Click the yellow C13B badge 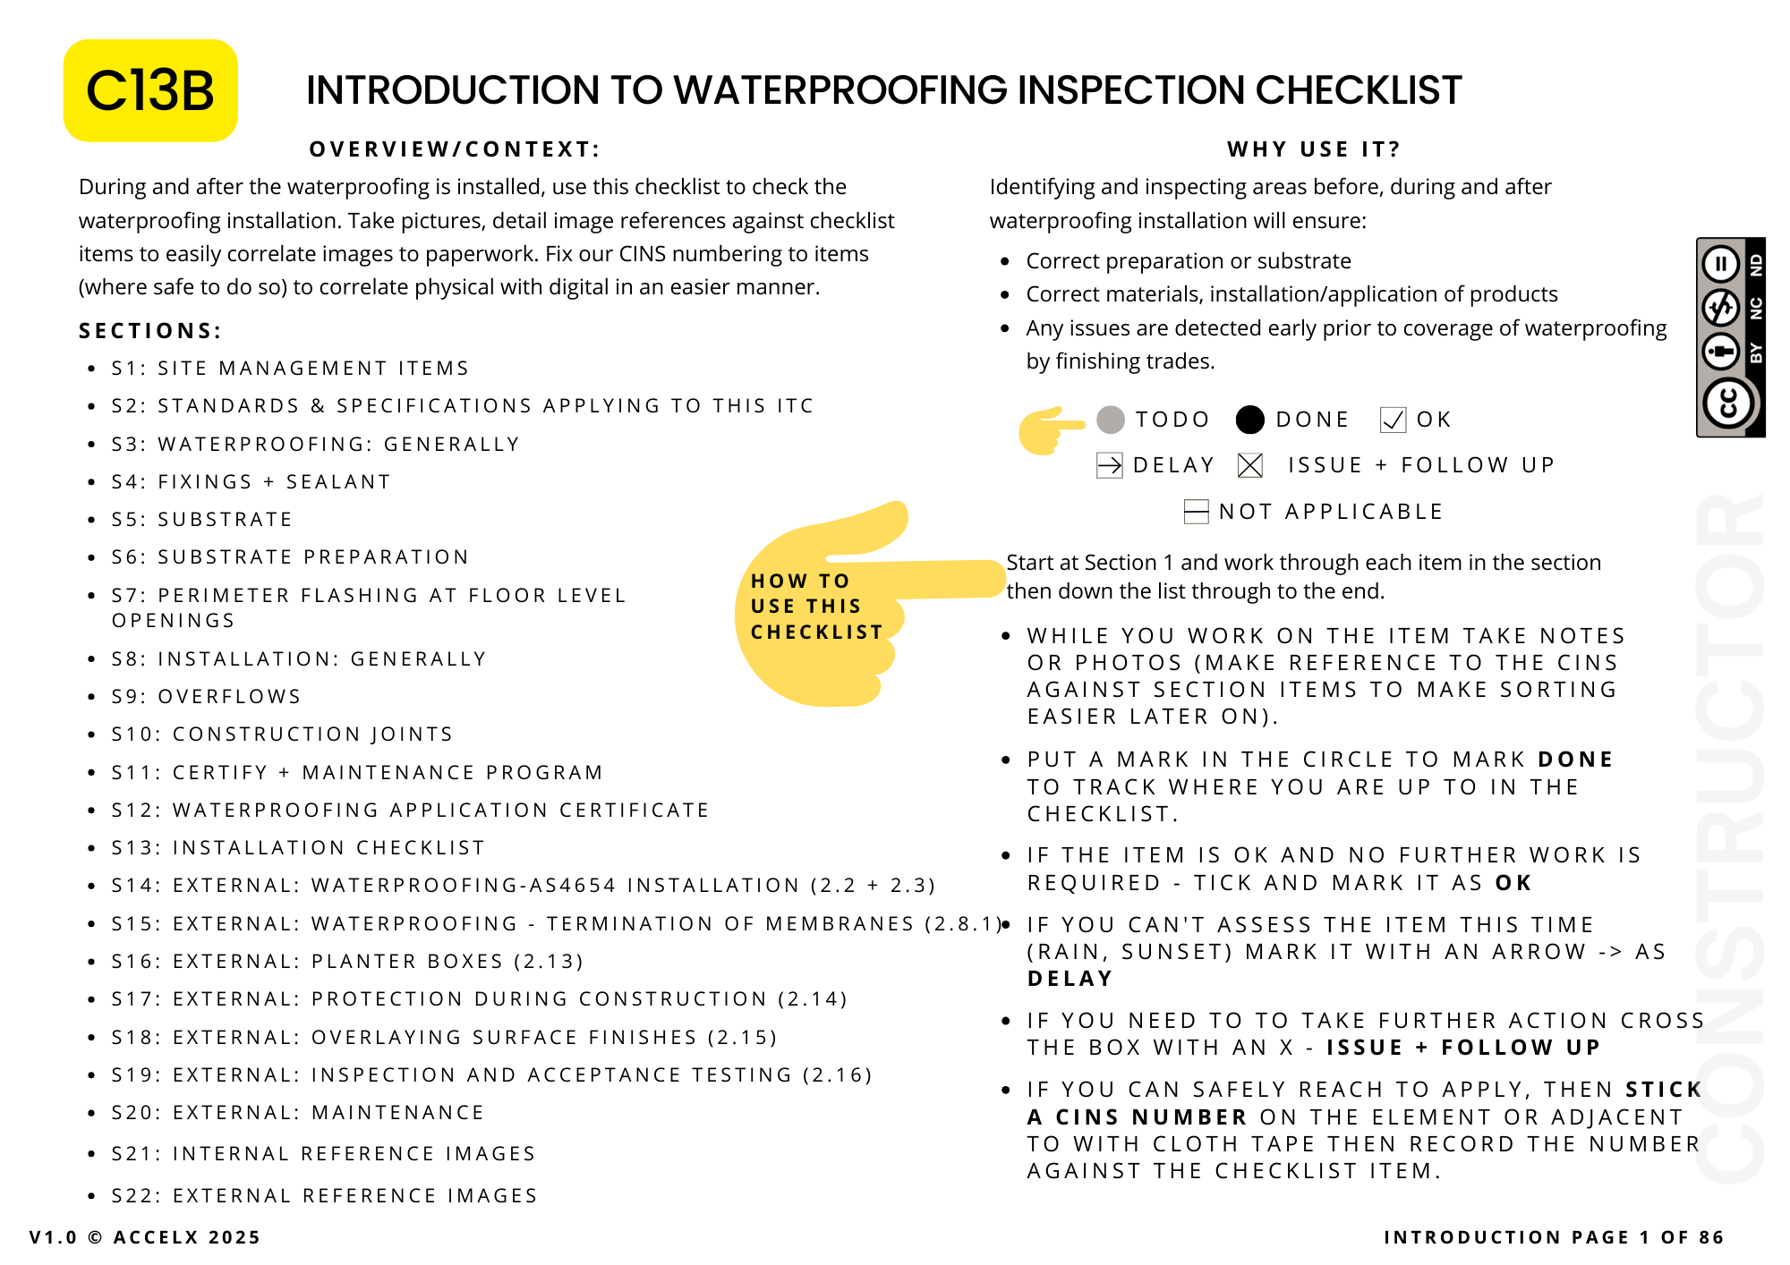tap(150, 90)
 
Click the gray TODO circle tap(1111, 420)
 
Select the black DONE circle tap(1249, 420)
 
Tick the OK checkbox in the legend tap(1393, 420)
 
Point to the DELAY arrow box tap(1110, 465)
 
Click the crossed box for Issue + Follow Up tap(1250, 465)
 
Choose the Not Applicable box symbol tap(1196, 512)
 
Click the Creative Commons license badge tap(1730, 337)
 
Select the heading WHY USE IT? tap(1313, 149)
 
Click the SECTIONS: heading tap(150, 331)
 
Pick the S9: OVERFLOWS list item tap(207, 696)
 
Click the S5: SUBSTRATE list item tap(202, 519)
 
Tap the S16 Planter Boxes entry tap(347, 961)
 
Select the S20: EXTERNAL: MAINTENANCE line tap(298, 1112)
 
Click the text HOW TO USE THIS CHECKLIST tap(816, 607)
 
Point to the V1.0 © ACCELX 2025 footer tap(145, 1237)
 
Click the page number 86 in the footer tap(1710, 1237)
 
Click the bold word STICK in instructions tap(1663, 1089)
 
